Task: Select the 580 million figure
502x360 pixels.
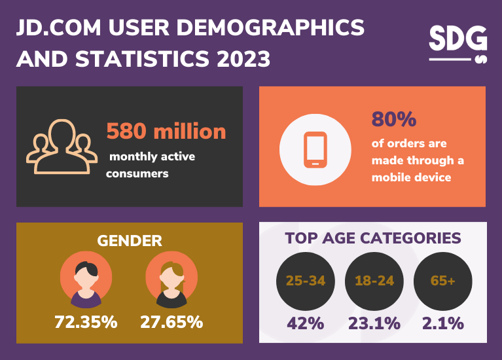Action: [166, 132]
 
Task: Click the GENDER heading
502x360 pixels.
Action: [130, 241]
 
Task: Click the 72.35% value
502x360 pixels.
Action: [86, 322]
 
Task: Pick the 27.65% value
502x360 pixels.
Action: [171, 322]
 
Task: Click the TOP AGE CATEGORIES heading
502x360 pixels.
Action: [373, 238]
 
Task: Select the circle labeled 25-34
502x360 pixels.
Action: [306, 281]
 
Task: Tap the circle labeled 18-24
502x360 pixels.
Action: [374, 281]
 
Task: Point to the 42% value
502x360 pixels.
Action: [306, 323]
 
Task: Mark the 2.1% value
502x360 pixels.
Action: [442, 323]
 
